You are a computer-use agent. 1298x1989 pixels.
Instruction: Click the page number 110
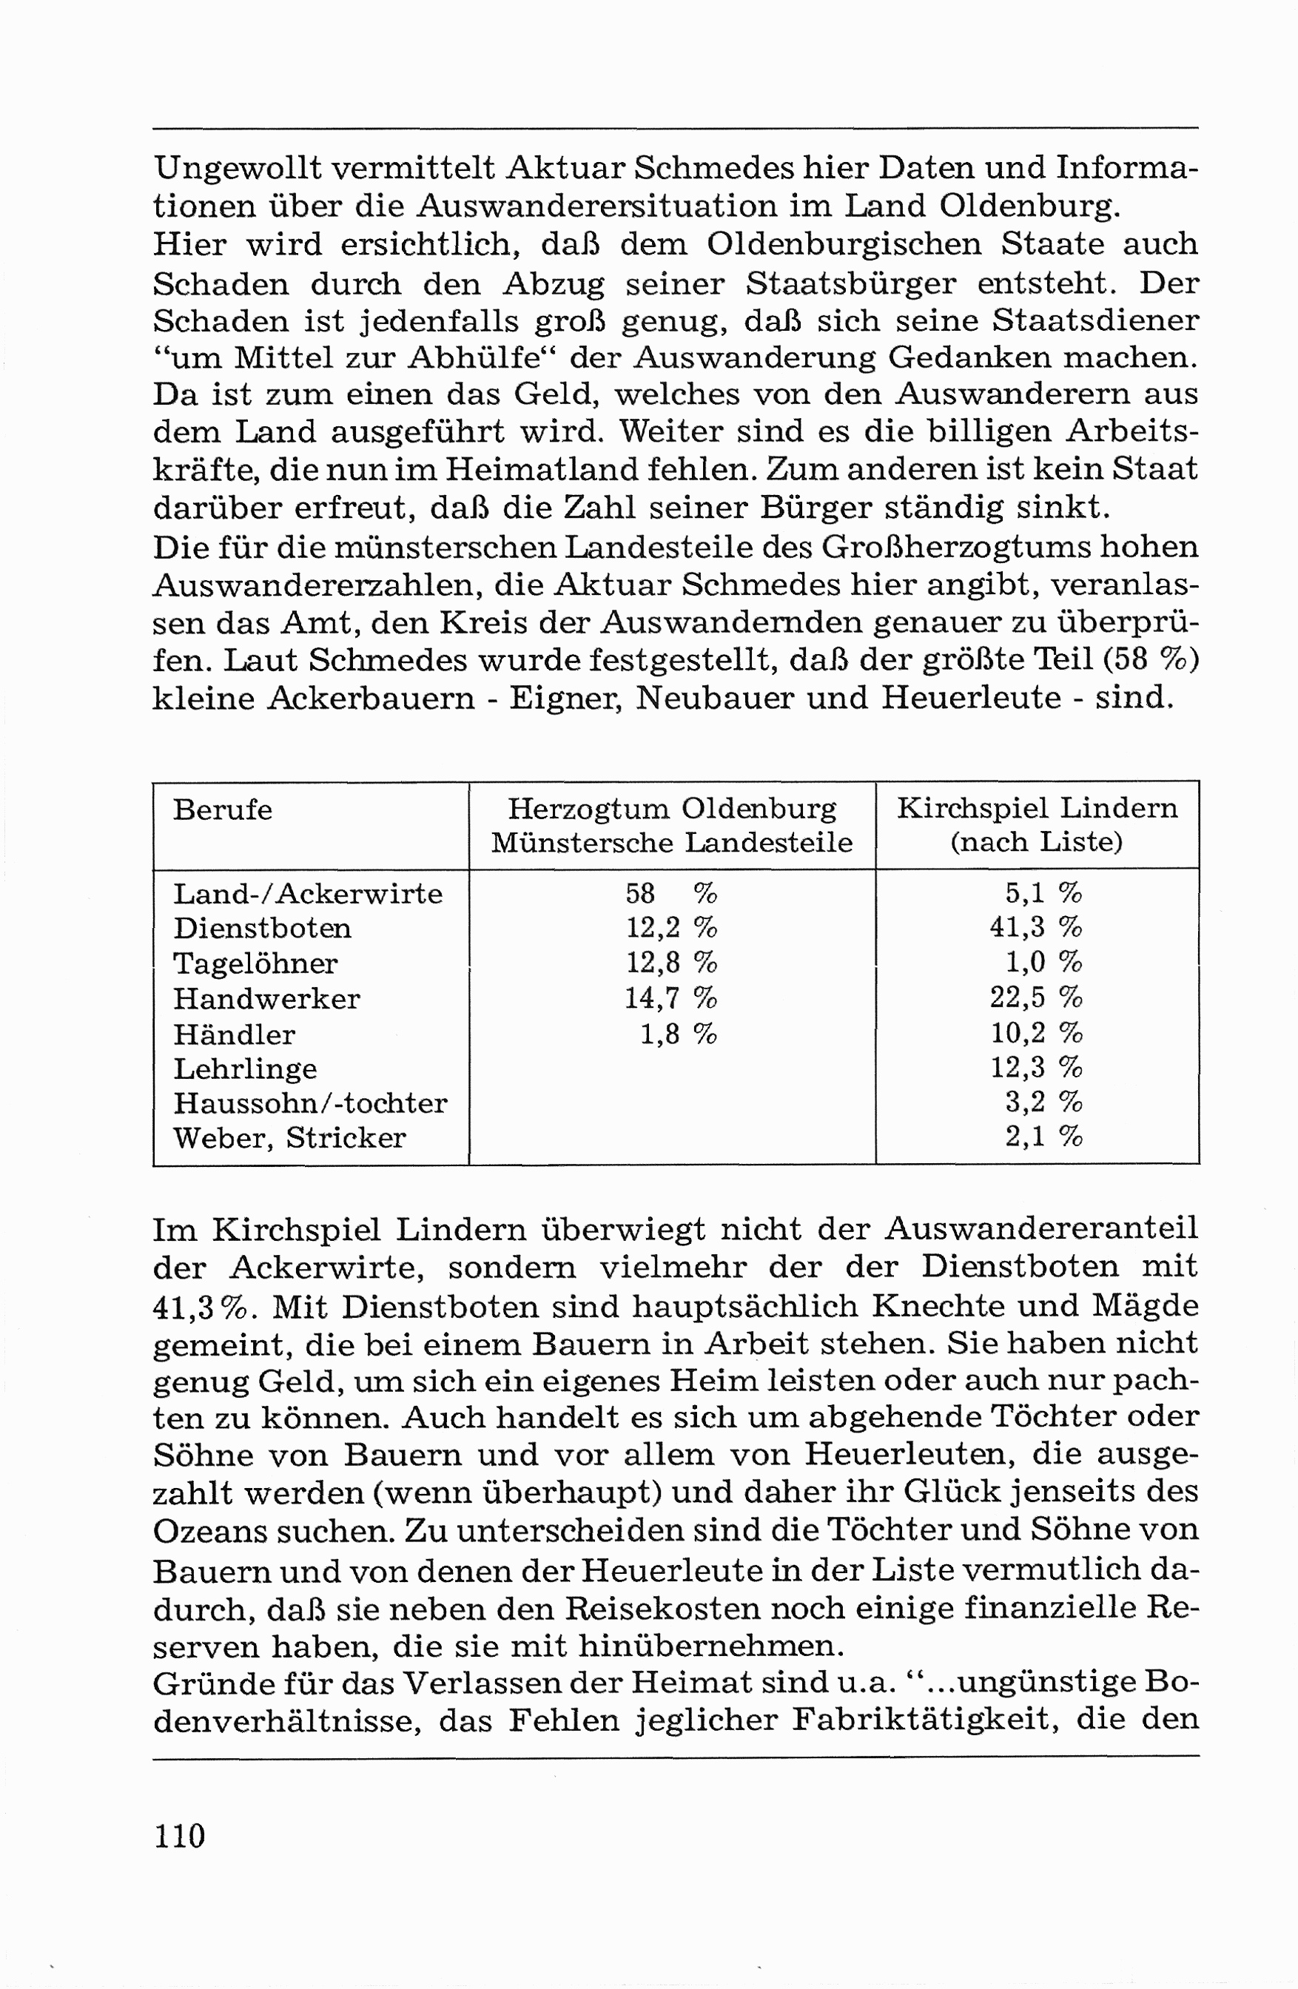click(179, 1835)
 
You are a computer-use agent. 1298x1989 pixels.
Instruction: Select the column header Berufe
click(222, 810)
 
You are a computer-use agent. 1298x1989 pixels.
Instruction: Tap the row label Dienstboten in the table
click(262, 929)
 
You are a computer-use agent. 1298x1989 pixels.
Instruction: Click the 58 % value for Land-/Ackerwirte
click(670, 893)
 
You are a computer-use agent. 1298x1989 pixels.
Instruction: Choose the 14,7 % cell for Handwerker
click(670, 998)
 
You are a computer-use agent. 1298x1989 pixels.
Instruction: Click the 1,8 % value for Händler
click(678, 1034)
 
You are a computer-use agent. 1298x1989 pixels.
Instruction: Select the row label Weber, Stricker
click(289, 1138)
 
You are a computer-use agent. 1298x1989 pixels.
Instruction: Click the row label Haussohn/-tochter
click(310, 1103)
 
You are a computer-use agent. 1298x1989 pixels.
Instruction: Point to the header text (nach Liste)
click(1035, 841)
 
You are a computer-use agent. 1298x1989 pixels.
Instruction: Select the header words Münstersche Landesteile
click(671, 842)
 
